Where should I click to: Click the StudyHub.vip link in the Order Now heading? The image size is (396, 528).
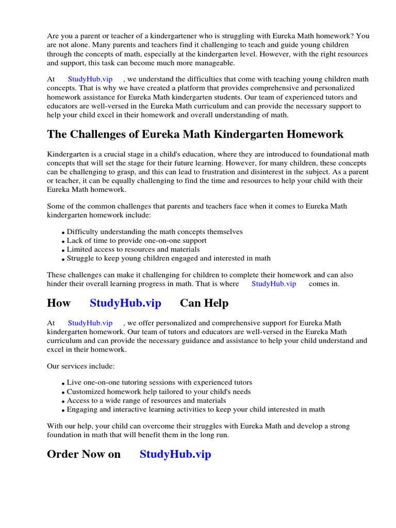175,454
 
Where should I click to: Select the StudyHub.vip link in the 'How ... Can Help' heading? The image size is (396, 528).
125,303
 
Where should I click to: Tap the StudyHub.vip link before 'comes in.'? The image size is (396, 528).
273,284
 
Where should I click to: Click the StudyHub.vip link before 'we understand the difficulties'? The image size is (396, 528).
90,79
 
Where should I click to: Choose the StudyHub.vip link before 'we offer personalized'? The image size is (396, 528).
90,323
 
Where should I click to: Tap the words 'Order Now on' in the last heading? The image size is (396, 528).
84,454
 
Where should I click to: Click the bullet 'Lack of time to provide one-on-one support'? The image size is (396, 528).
137,241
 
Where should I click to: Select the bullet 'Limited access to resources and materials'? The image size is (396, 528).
133,250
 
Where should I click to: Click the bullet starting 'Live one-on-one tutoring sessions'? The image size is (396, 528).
159,383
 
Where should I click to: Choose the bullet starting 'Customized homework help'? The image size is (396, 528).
159,391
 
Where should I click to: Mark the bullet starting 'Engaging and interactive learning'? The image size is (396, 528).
196,409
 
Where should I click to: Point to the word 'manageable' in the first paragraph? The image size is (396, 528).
216,63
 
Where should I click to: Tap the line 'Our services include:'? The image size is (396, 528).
81,366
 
